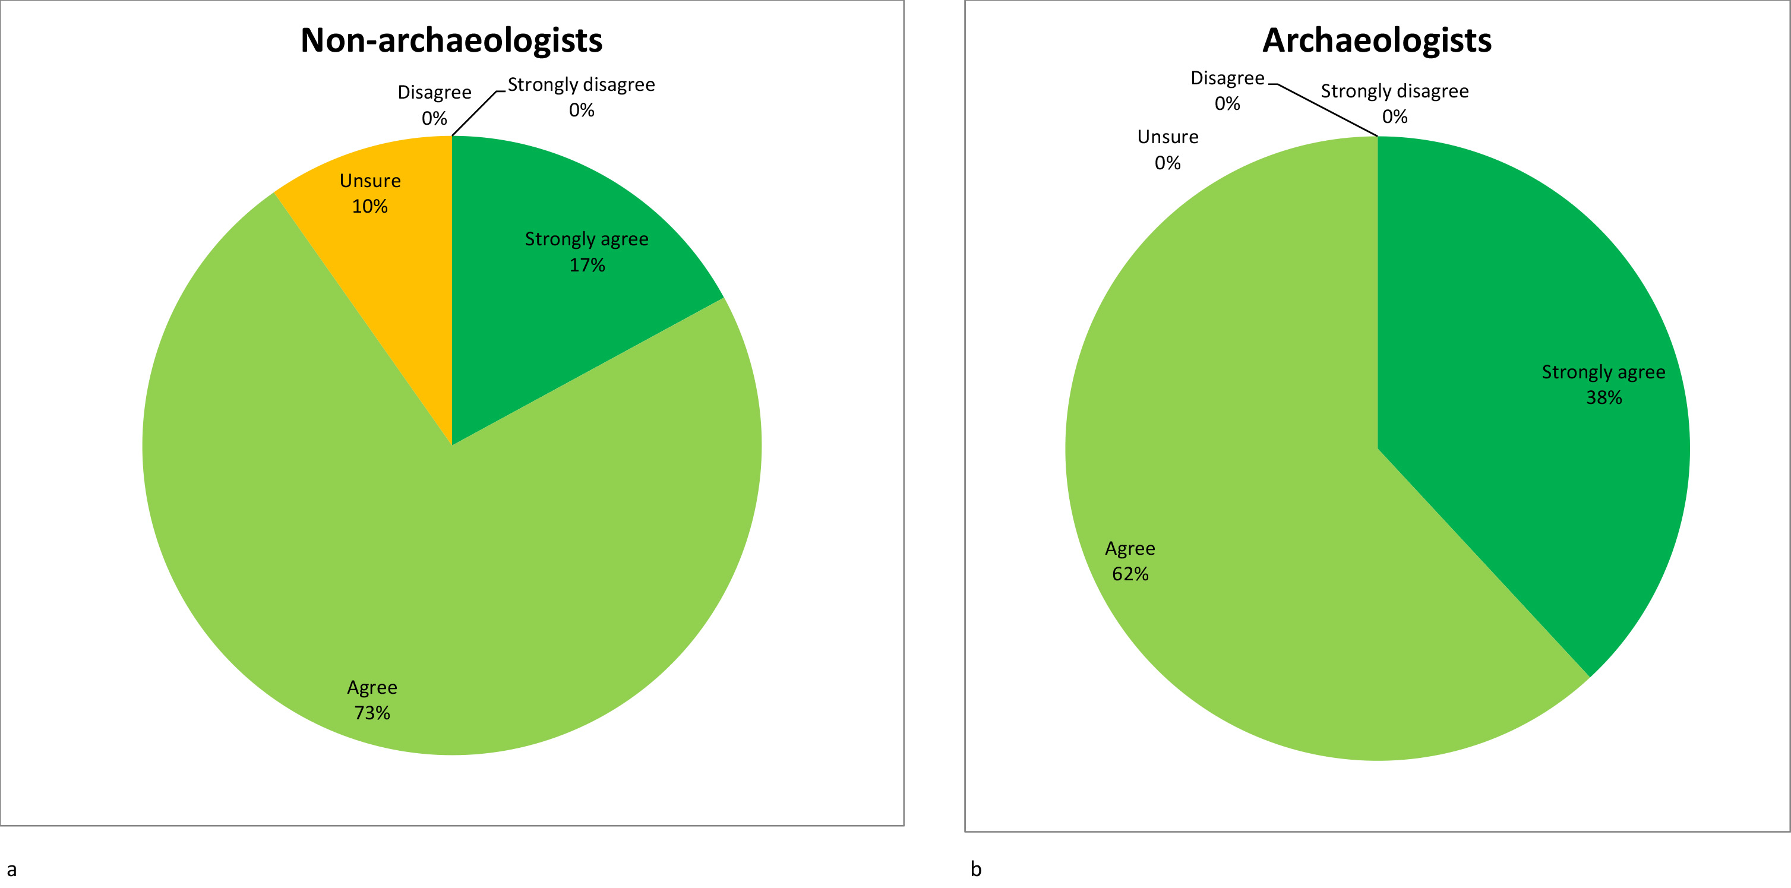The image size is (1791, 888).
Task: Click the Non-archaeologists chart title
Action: [x=451, y=40]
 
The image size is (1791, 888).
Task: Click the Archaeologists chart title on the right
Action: [x=1376, y=40]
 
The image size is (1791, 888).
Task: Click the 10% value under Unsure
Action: [x=370, y=207]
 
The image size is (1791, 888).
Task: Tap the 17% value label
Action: [x=587, y=265]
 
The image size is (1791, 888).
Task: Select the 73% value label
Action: [x=372, y=713]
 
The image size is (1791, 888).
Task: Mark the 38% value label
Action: [x=1603, y=398]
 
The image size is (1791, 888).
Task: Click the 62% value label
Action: [x=1130, y=574]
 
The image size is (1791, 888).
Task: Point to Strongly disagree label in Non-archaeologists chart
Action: [x=581, y=85]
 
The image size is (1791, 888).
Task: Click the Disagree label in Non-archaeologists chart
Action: [x=435, y=93]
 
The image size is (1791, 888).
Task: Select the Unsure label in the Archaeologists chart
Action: [x=1168, y=137]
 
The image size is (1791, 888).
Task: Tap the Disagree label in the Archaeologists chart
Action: [x=1227, y=78]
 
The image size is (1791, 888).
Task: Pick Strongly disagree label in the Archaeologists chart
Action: [x=1395, y=91]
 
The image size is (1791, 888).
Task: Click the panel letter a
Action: [x=11, y=869]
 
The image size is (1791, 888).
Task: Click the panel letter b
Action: [x=975, y=869]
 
